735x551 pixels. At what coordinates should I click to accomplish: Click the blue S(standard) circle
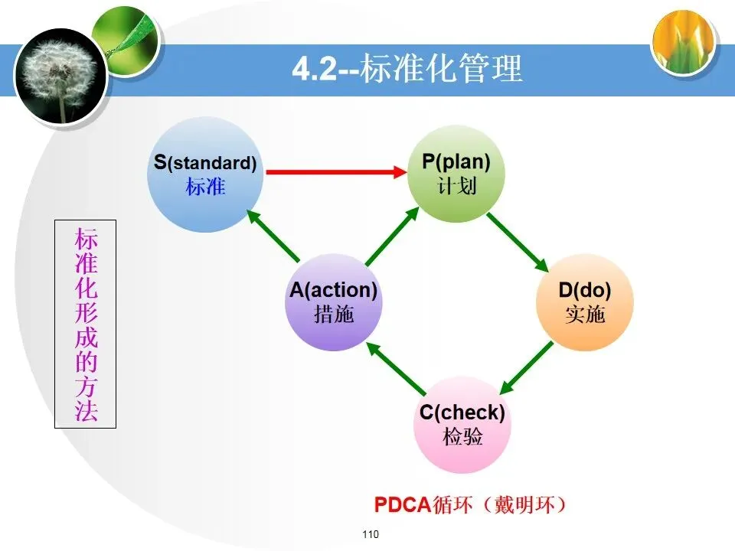pyautogui.click(x=204, y=174)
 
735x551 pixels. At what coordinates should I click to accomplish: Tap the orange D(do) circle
pyautogui.click(x=585, y=302)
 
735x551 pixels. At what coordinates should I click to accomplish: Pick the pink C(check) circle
pyautogui.click(x=462, y=425)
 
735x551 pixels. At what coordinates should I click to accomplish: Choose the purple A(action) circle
pyautogui.click(x=334, y=302)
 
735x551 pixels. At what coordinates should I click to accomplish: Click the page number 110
pyautogui.click(x=371, y=534)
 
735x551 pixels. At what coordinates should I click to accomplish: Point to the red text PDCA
pyautogui.click(x=403, y=506)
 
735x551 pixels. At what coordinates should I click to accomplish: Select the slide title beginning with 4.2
pyautogui.click(x=407, y=70)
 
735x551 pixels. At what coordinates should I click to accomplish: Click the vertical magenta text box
pyautogui.click(x=86, y=324)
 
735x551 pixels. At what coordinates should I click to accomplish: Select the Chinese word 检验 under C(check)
pyautogui.click(x=462, y=437)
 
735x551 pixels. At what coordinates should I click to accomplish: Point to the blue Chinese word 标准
pyautogui.click(x=204, y=186)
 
